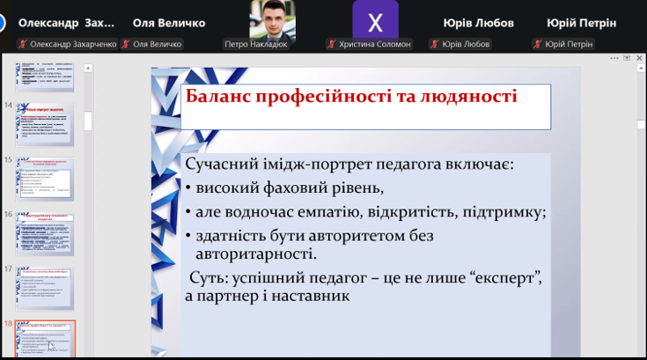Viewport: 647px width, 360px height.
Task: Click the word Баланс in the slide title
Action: coord(217,96)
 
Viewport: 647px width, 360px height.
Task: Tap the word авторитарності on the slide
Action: coord(255,254)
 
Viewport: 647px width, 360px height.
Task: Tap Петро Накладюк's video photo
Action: coord(271,19)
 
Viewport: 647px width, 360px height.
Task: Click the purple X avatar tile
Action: coord(375,20)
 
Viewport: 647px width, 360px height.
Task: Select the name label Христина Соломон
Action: coord(375,44)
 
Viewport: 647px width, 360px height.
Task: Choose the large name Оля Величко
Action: coord(168,23)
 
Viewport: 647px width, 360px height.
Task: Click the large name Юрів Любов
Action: coord(478,23)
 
